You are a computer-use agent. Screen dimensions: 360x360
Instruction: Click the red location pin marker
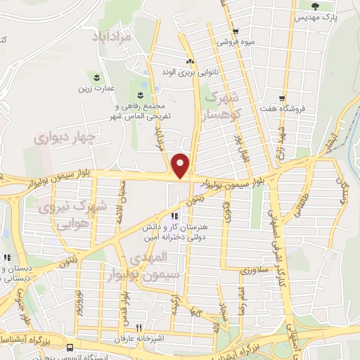tap(181, 165)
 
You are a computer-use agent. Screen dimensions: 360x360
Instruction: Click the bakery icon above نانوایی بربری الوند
tap(189, 61)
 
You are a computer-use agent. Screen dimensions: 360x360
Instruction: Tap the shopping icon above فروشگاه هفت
tap(281, 98)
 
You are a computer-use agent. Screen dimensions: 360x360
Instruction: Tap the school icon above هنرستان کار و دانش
tap(174, 216)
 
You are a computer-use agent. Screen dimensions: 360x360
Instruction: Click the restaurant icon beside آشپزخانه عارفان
tap(139, 328)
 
